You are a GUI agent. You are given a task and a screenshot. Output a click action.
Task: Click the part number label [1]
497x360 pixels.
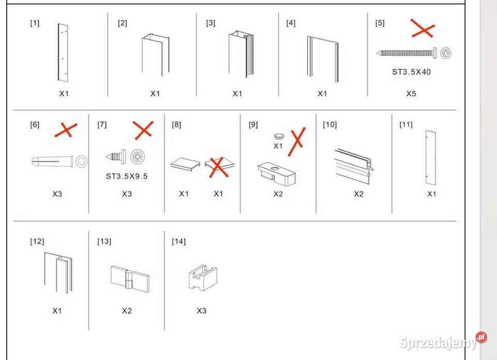35,23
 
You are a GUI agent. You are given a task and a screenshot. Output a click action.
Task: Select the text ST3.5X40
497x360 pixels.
412,72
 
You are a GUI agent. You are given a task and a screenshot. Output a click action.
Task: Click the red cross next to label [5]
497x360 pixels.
422,28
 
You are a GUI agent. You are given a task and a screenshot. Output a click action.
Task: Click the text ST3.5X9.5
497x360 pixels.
127,176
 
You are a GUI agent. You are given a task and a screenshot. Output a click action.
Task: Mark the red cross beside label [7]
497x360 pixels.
143,130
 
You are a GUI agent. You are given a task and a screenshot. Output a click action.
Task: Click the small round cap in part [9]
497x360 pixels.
279,136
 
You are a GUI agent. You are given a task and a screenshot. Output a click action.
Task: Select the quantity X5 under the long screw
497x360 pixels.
411,94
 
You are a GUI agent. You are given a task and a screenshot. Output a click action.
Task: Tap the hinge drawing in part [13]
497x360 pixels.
130,279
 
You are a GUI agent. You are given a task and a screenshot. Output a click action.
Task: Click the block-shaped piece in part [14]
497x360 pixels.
203,277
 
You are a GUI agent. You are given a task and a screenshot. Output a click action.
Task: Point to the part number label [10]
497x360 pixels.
330,125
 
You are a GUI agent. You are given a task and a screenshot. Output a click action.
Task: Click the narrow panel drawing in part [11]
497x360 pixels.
431,158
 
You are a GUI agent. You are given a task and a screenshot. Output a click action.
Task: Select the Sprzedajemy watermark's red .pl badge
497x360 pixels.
481,337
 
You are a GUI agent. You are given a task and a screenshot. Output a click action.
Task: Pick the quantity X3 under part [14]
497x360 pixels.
201,311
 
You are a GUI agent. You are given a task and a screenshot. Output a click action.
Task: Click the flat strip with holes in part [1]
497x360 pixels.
63,53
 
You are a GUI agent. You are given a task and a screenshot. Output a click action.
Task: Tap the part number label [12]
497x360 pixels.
37,242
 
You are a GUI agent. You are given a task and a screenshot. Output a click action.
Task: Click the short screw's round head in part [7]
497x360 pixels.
138,156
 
